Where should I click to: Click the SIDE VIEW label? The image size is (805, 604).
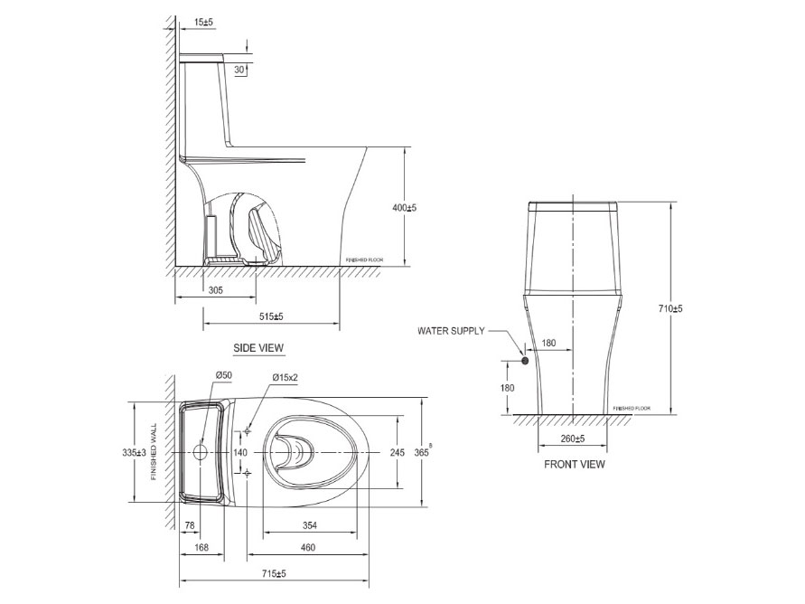click(259, 347)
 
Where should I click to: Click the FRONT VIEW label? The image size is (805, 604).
click(575, 465)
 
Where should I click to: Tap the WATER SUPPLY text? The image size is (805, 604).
click(451, 331)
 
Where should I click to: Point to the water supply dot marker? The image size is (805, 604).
click(524, 361)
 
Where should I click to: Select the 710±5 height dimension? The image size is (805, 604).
click(670, 309)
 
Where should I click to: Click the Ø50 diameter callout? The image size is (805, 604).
click(224, 375)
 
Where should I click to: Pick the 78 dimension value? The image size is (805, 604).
click(191, 525)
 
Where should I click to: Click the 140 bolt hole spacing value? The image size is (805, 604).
click(240, 451)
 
